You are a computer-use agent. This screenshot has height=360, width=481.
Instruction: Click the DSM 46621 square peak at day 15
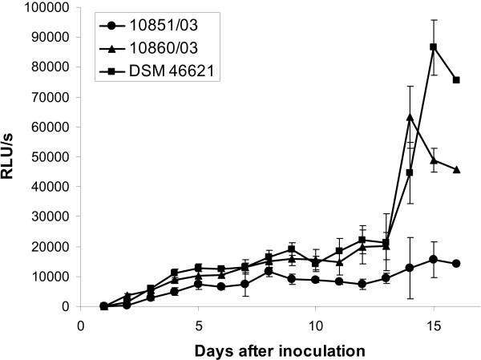pos(433,47)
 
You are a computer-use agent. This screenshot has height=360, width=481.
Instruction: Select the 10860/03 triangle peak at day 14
pos(410,117)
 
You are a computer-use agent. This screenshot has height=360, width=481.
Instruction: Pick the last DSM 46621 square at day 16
pos(456,79)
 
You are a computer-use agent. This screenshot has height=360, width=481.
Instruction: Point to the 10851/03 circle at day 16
pos(456,264)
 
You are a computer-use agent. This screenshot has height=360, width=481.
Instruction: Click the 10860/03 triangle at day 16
pos(456,169)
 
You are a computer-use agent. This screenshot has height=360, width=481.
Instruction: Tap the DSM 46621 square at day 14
pos(410,172)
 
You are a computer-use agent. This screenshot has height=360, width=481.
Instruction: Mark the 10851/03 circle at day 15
pos(433,259)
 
